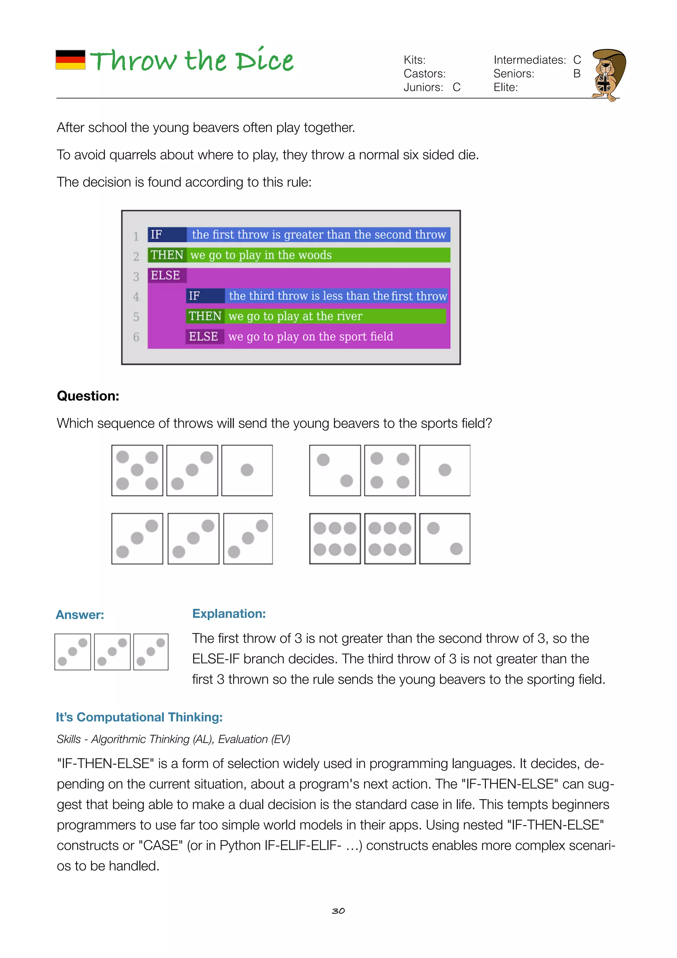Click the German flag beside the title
[70, 60]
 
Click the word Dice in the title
[264, 61]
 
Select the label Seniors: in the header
[513, 74]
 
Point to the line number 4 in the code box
[136, 297]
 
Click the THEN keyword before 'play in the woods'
[167, 255]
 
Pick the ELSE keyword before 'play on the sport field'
[203, 336]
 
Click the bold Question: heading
[88, 396]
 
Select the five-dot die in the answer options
[137, 470]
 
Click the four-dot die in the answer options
[390, 470]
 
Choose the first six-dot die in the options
[335, 539]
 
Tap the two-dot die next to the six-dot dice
[445, 539]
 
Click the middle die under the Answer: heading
[112, 652]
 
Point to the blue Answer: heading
[80, 615]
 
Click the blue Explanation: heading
[228, 613]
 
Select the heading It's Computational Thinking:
[139, 717]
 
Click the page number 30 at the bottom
[338, 911]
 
